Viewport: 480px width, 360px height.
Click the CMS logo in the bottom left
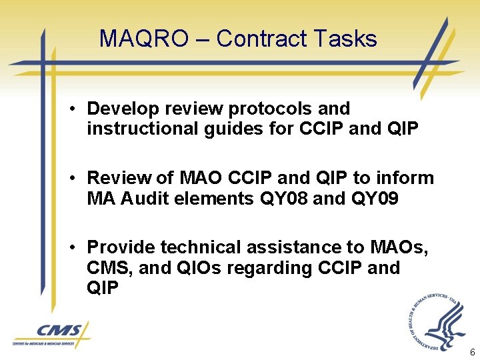51,334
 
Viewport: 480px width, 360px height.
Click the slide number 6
472,352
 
